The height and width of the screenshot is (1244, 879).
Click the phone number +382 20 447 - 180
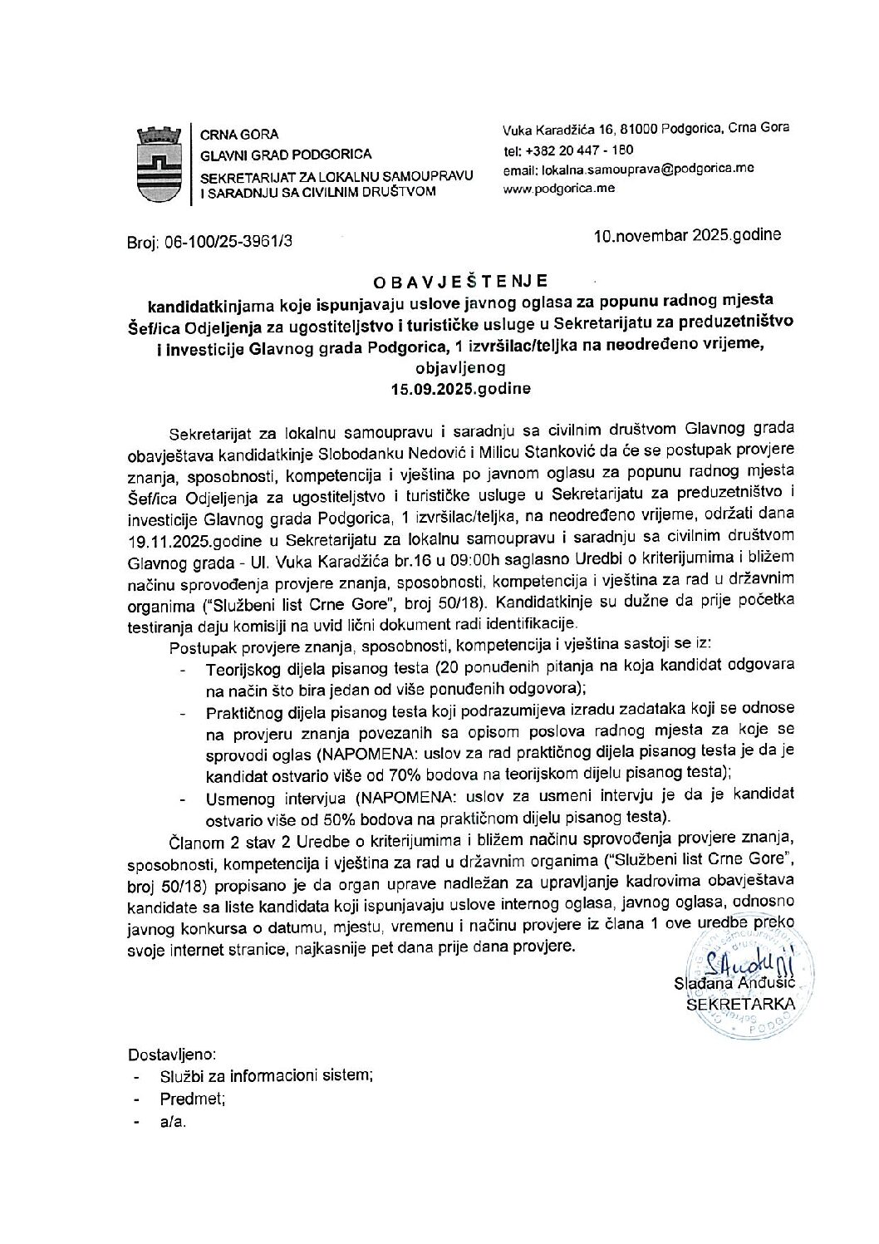point(568,151)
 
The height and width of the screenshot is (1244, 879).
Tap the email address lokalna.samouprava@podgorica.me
point(628,169)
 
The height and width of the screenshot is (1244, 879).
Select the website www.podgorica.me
point(559,189)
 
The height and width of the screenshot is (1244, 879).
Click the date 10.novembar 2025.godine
point(687,235)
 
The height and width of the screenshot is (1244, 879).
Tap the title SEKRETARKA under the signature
point(739,1004)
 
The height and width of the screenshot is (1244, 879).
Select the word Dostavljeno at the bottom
point(172,1055)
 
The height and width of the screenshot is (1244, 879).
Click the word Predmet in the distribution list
point(192,1099)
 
